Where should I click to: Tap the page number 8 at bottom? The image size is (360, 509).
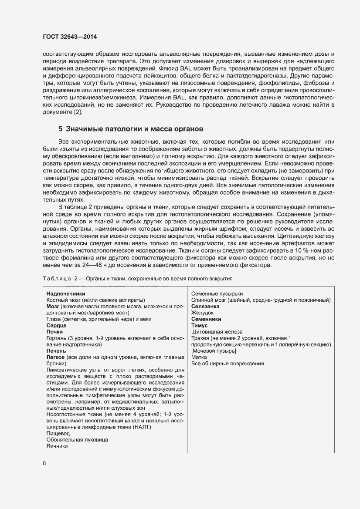(x=44, y=463)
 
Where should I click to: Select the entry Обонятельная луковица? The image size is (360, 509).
(x=77, y=440)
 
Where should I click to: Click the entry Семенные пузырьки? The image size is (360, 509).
(x=217, y=294)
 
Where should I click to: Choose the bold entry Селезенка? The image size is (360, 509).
(x=205, y=307)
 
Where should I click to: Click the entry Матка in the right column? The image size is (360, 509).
(x=200, y=357)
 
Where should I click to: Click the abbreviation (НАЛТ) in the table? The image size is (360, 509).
(x=147, y=427)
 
